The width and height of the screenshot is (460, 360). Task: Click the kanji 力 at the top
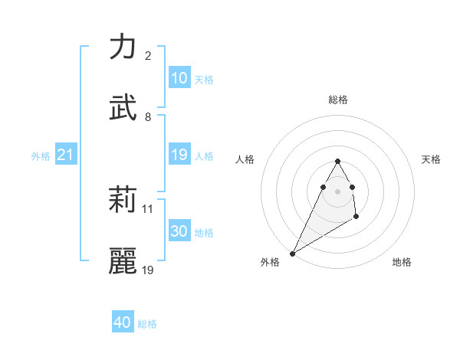tap(123, 47)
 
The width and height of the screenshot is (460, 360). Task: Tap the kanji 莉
tap(123, 201)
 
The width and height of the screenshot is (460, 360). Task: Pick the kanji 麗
tap(123, 261)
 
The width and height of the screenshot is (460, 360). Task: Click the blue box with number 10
tap(179, 78)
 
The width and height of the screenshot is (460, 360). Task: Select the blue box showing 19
tap(179, 155)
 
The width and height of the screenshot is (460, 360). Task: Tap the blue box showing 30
tap(179, 231)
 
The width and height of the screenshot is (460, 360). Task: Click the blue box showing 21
tap(66, 155)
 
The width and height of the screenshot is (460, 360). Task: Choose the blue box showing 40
tap(123, 322)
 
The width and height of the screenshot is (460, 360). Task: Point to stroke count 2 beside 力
tap(147, 56)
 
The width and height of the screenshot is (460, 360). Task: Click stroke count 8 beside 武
tap(147, 117)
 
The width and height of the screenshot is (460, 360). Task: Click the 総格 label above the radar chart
tap(337, 100)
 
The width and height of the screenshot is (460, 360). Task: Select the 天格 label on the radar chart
tap(431, 159)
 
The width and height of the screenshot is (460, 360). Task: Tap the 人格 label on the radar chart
tap(245, 159)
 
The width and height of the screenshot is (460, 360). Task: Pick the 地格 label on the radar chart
tap(402, 262)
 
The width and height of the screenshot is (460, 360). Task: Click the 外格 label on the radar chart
tap(270, 262)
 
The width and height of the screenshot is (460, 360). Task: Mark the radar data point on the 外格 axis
tap(292, 253)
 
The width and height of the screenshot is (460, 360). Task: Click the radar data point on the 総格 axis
tap(337, 161)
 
